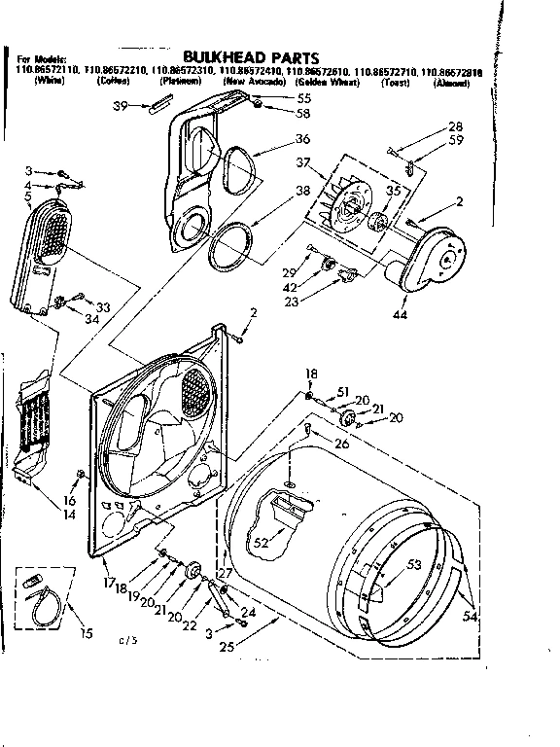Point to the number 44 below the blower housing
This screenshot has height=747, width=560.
click(x=402, y=314)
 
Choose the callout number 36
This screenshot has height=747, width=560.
click(x=303, y=139)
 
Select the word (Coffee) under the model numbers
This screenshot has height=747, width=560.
click(x=115, y=84)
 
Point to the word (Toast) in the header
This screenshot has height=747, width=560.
click(x=395, y=84)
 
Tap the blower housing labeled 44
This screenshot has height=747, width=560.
click(x=434, y=259)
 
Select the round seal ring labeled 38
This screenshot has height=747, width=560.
click(x=233, y=249)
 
